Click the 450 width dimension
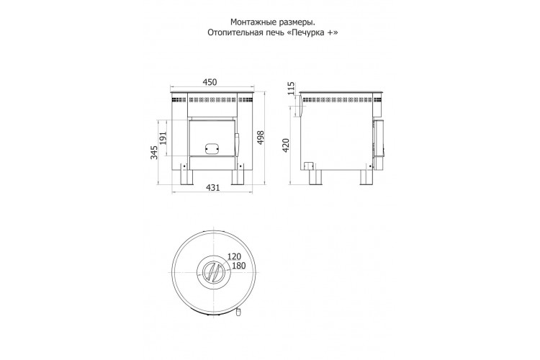210,82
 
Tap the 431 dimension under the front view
213,188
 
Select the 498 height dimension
261,138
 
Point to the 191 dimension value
163,138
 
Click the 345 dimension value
154,152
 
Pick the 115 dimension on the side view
291,89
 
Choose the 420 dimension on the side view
286,145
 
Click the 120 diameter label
234,256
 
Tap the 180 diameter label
238,266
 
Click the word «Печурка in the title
305,32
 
